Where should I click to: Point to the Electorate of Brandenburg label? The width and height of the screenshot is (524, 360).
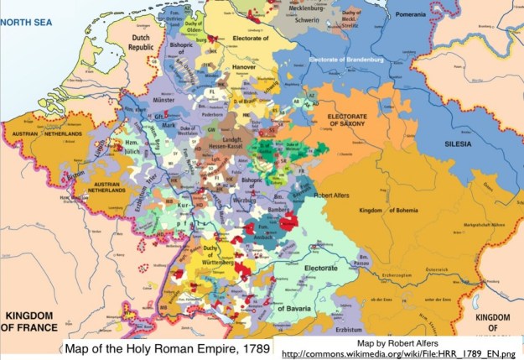(x=357, y=60)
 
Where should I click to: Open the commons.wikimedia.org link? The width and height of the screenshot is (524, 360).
(x=399, y=351)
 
